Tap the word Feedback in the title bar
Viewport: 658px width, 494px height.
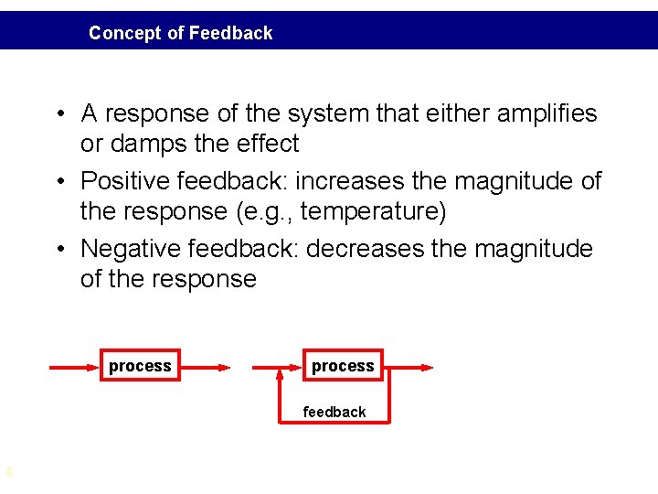230,33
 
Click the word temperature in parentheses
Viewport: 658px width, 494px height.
370,211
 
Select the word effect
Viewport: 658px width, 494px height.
267,144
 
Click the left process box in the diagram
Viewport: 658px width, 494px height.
140,366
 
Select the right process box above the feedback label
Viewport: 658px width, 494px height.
343,366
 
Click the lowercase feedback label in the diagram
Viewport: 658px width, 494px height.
334,412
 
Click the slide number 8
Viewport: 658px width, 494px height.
9,473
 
